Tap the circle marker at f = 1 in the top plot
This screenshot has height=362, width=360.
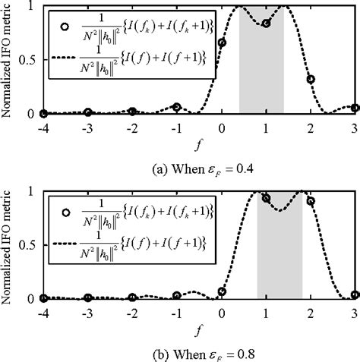point(267,24)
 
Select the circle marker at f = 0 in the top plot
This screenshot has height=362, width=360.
point(222,42)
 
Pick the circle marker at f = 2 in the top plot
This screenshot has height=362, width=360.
point(311,79)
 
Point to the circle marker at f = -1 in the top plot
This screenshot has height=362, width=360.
point(177,107)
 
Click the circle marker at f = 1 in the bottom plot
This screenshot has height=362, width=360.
point(267,197)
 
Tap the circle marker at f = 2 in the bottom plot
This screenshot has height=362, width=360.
point(311,201)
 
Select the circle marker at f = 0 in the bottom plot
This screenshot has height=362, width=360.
point(222,291)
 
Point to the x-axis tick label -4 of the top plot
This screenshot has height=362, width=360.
point(43,127)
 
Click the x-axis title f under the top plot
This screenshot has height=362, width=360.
point(199,141)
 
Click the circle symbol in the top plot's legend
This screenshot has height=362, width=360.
point(66,25)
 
